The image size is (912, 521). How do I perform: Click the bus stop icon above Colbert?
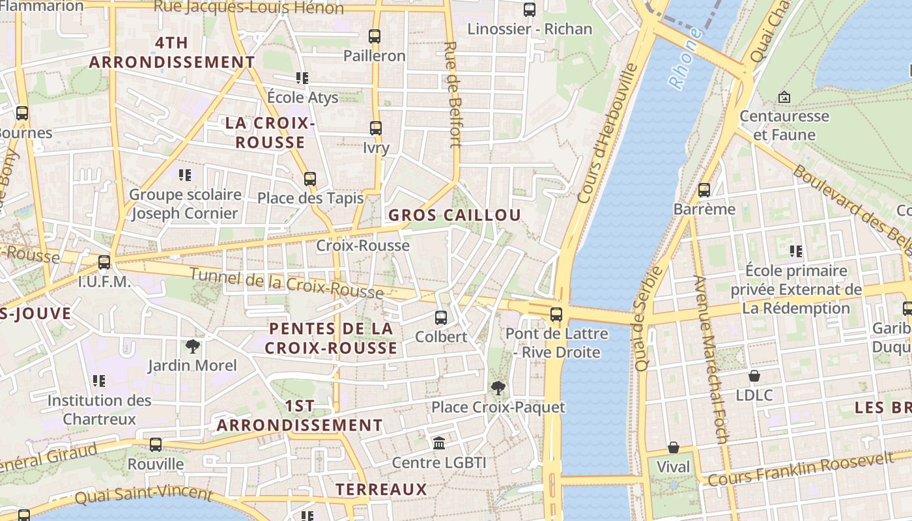pos(441,318)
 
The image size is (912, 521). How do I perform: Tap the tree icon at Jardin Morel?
pos(192,346)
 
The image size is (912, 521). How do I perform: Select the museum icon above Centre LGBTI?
pos(439,444)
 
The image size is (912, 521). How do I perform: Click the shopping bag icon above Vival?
pos(673,448)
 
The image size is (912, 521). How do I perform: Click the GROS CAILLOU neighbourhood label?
pos(455,216)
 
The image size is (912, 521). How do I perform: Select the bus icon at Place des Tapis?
pos(310,178)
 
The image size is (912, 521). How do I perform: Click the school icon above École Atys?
pos(302,78)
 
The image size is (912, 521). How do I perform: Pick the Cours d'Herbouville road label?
pos(606,134)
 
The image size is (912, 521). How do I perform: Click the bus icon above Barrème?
pos(704,190)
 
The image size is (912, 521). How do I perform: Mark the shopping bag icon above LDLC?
pos(754,376)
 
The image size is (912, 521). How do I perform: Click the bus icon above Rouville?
pos(155,445)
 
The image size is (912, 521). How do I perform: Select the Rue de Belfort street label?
pos(453,94)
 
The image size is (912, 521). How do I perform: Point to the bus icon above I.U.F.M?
pos(104,263)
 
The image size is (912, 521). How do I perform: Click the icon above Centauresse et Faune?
pos(784,97)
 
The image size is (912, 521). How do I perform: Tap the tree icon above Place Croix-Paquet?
pos(498,388)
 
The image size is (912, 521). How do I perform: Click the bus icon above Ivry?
pos(376,128)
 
